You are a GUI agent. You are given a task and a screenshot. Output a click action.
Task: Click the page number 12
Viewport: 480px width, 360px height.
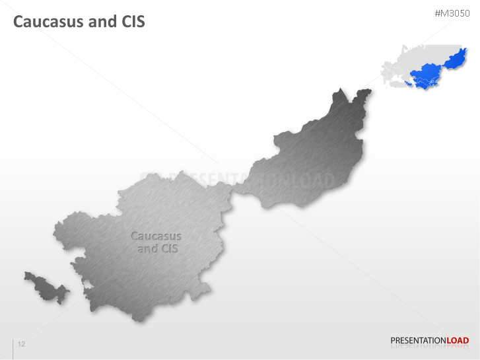22,344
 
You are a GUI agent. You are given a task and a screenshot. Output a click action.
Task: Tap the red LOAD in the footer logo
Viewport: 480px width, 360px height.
458,341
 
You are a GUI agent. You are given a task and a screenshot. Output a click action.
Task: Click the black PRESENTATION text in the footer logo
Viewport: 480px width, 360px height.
419,341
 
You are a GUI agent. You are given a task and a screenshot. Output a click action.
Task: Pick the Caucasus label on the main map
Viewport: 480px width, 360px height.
156,236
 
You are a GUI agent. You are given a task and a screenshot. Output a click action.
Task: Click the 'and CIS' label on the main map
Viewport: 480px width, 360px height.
157,248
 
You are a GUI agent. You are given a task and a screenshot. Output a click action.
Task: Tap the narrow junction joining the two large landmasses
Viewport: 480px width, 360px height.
233,190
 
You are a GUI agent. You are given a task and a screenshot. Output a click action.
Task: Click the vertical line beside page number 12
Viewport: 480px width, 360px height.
13,347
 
